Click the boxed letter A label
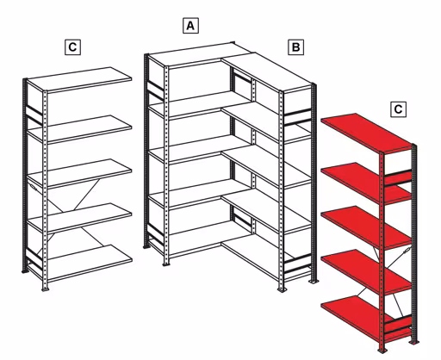(x=190, y=25)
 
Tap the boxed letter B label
(x=295, y=47)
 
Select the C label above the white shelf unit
(x=72, y=47)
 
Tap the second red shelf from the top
(x=362, y=180)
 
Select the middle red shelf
(x=362, y=223)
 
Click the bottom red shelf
(x=357, y=310)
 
